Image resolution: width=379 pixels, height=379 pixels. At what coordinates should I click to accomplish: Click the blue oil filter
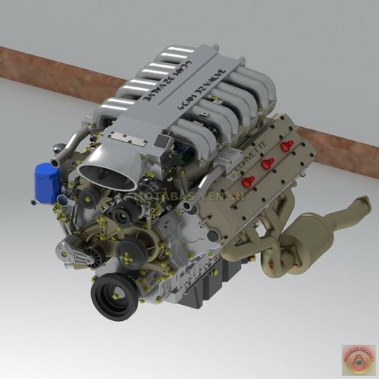click(x=46, y=182)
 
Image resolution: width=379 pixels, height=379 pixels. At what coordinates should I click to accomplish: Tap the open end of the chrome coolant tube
click(x=55, y=161)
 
